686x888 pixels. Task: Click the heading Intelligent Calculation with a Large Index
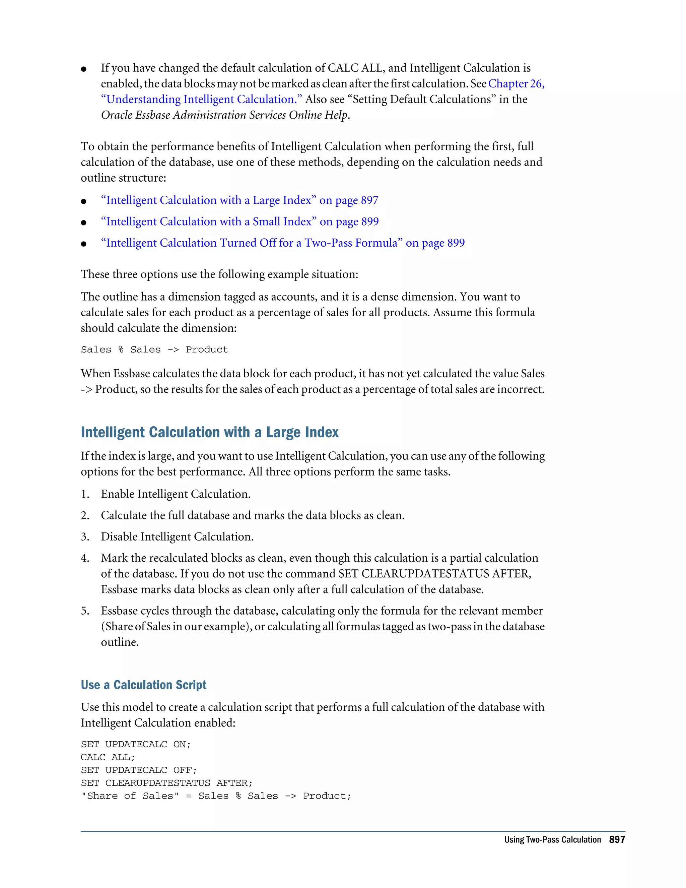209,432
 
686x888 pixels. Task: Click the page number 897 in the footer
617,840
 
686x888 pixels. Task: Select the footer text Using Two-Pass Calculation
552,840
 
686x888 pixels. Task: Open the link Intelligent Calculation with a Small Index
239,221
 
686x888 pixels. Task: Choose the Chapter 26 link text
516,84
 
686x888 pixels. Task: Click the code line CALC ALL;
108,757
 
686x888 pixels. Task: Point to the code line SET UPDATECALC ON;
135,744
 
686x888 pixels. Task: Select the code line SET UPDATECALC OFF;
139,770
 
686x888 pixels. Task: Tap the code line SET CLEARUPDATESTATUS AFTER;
166,783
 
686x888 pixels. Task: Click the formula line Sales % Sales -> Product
154,350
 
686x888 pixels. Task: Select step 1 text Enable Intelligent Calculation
176,494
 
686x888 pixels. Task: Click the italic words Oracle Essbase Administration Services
194,115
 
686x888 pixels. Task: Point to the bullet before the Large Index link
84,201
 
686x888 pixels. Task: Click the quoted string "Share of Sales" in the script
130,796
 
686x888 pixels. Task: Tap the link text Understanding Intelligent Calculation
201,100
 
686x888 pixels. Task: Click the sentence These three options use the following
219,274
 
